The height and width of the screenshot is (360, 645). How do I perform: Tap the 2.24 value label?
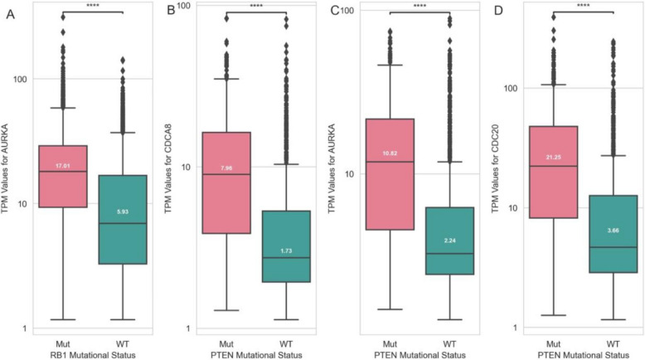pyautogui.click(x=449, y=243)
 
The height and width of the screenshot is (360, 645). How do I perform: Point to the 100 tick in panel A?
pyautogui.click(x=19, y=80)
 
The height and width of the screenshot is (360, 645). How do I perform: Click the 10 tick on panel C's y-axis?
pyautogui.click(x=347, y=174)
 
